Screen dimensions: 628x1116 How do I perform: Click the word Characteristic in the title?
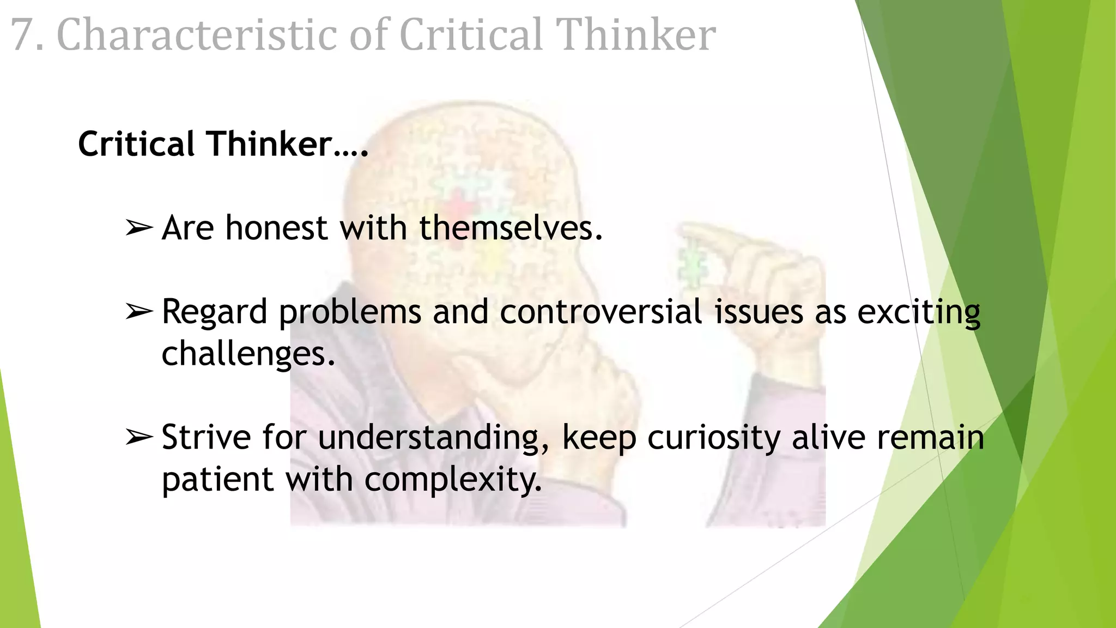click(197, 35)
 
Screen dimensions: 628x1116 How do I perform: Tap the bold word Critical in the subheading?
click(136, 144)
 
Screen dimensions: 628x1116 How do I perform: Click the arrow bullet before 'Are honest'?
click(139, 228)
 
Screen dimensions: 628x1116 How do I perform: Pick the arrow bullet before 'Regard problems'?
click(139, 312)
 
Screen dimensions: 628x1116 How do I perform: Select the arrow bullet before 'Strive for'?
click(139, 437)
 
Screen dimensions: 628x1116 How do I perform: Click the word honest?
click(276, 228)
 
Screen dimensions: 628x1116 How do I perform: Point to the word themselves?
click(511, 228)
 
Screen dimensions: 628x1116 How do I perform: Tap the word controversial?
click(601, 312)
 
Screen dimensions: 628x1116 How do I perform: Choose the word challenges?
click(248, 354)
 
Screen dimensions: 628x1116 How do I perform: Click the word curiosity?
click(714, 438)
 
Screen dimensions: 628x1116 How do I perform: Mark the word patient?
click(217, 480)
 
